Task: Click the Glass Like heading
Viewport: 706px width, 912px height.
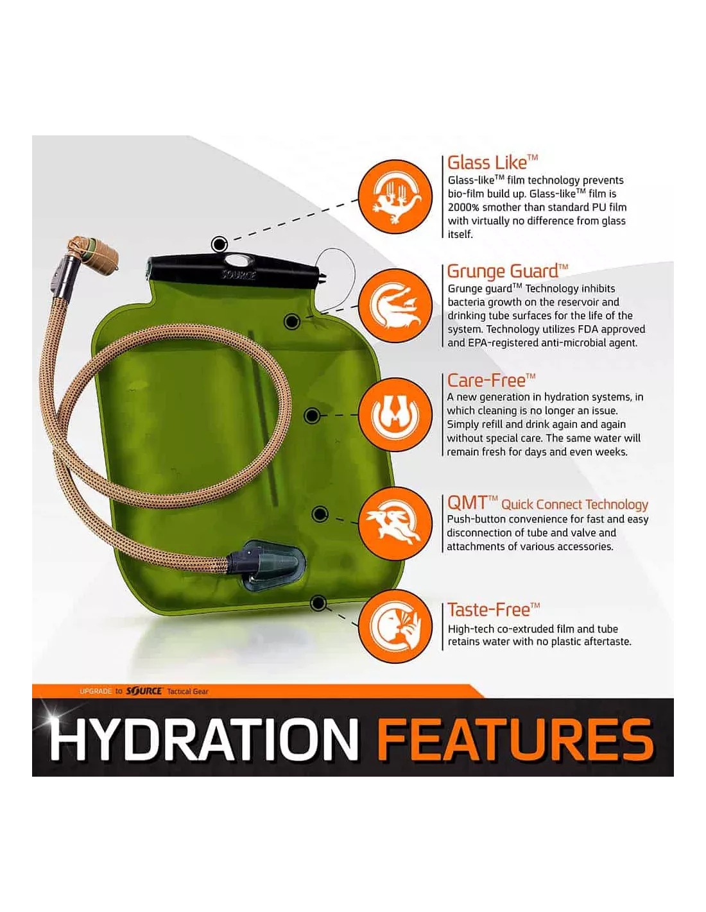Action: click(492, 162)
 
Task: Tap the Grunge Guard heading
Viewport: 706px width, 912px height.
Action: click(507, 271)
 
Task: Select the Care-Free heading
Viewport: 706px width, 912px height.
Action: click(491, 380)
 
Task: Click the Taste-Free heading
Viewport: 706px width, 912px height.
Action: click(494, 610)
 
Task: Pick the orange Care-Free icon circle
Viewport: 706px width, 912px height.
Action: click(397, 415)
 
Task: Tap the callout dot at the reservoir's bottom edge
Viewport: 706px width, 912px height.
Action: click(319, 603)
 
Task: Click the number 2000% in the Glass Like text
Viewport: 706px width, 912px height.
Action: click(463, 207)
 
